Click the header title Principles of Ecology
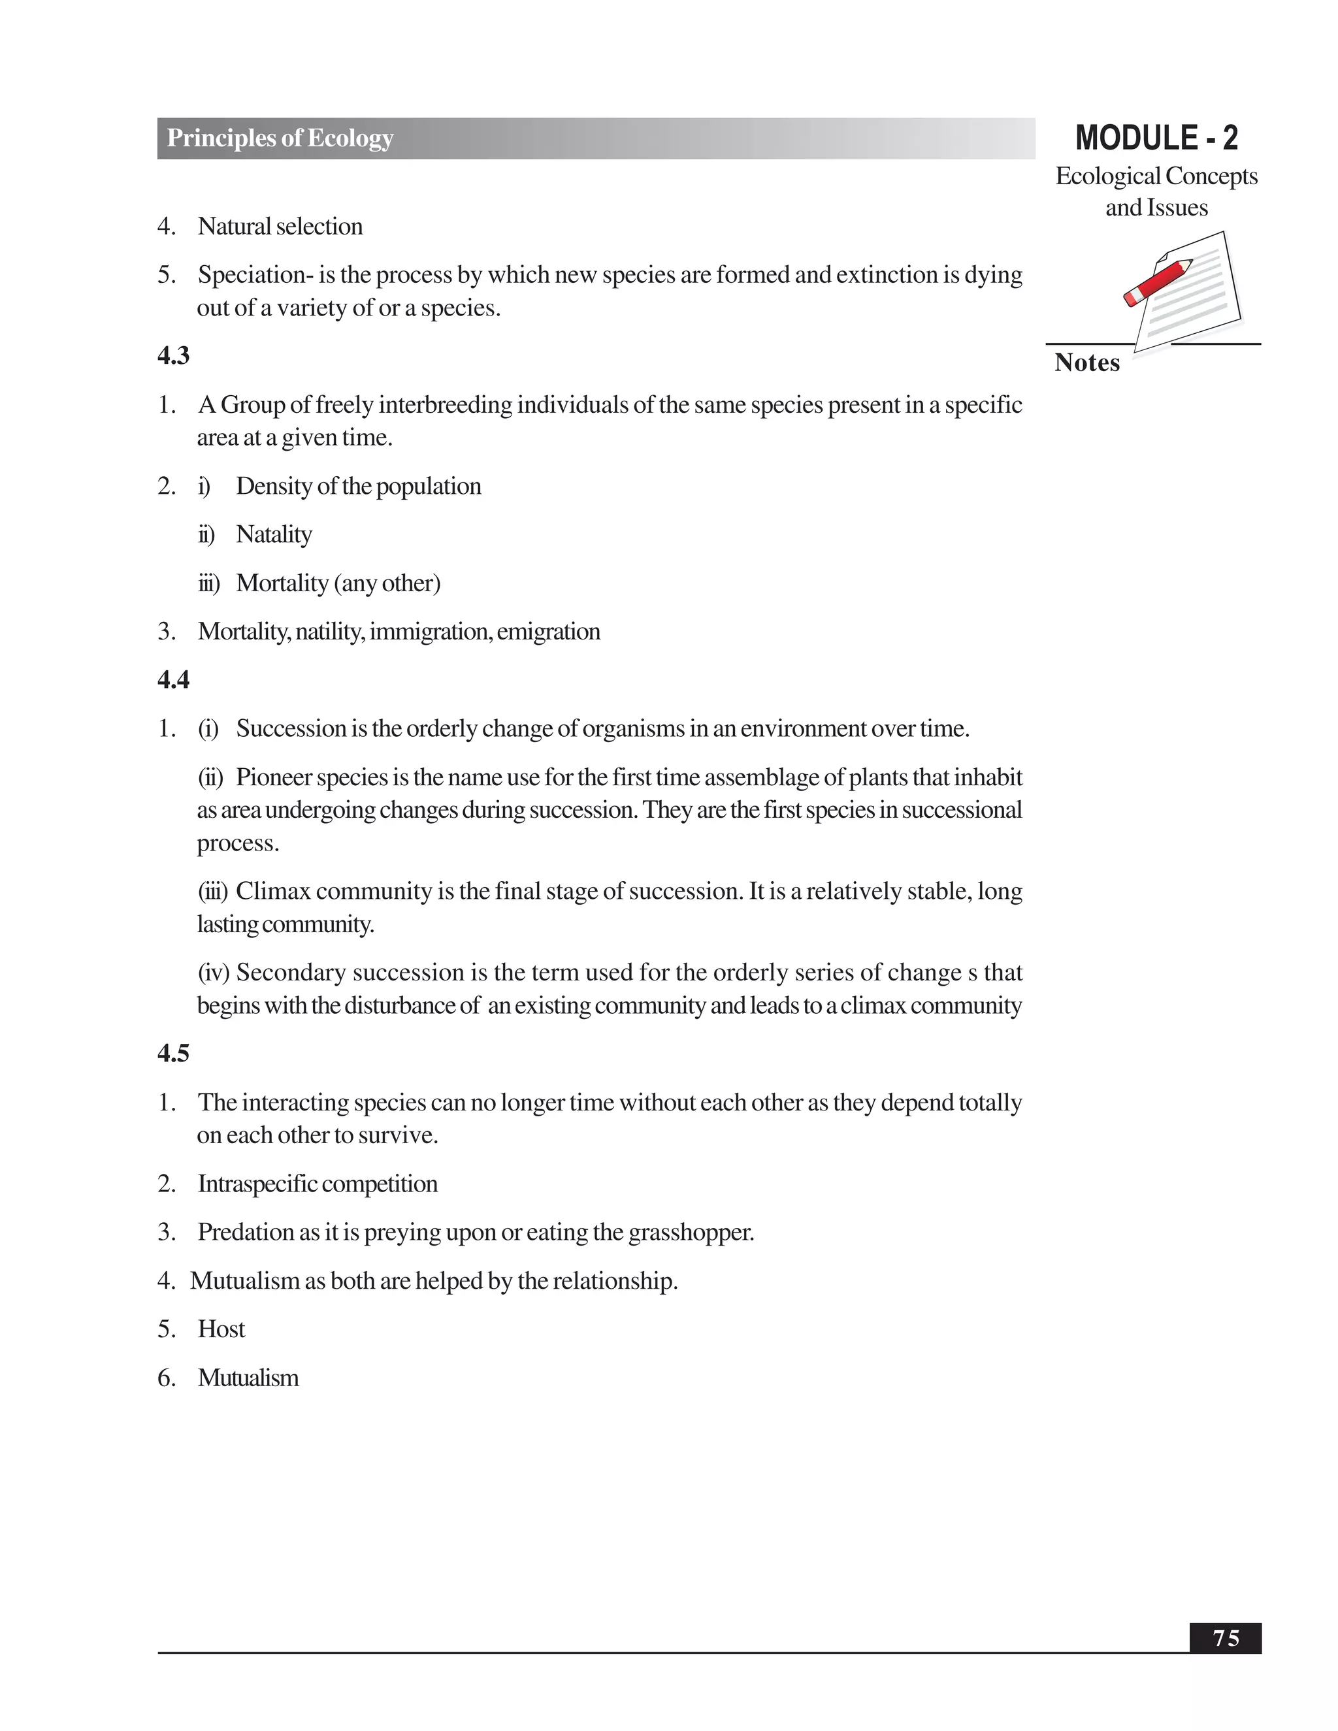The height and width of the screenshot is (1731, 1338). tap(280, 138)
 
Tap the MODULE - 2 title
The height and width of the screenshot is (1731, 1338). tap(1156, 138)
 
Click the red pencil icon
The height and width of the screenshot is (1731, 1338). tap(1158, 282)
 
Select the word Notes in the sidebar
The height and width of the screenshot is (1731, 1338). tap(1086, 363)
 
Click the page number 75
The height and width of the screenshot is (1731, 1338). tap(1225, 1638)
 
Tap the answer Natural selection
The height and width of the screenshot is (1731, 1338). tap(280, 227)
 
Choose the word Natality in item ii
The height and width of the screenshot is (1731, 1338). tap(274, 535)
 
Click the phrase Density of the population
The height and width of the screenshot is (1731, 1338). tap(358, 486)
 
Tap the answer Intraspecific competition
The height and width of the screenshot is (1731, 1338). tap(317, 1184)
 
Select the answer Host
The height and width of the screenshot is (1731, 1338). tap(221, 1329)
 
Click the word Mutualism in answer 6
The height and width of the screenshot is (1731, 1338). tap(248, 1378)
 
